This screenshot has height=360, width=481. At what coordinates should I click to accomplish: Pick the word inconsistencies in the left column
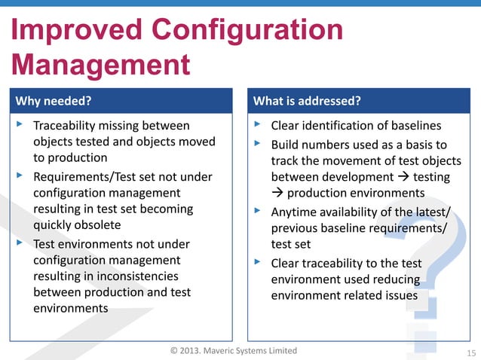134,276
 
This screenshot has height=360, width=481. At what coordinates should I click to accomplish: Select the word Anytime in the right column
294,211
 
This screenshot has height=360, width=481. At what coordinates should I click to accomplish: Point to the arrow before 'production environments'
277,194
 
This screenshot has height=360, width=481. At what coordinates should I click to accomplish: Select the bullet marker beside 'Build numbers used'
258,142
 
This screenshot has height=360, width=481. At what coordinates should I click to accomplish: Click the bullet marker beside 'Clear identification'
258,124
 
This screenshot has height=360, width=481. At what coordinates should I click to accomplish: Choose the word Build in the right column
285,144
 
